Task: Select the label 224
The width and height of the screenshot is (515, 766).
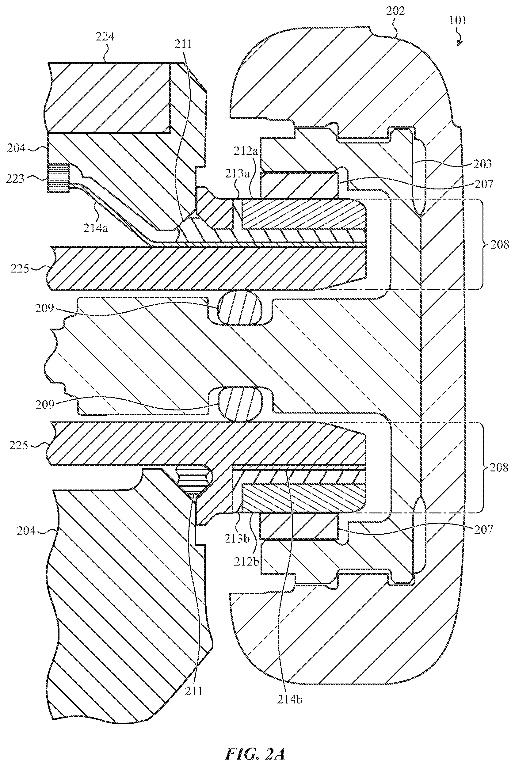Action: click(x=105, y=36)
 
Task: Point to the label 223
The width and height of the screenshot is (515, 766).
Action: click(x=15, y=178)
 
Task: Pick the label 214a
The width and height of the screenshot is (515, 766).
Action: click(x=95, y=228)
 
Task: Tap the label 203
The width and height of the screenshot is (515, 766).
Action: click(x=483, y=164)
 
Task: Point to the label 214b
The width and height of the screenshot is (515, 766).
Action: click(x=290, y=700)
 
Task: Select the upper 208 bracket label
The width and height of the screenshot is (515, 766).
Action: click(x=500, y=244)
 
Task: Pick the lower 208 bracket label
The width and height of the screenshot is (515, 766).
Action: click(x=498, y=467)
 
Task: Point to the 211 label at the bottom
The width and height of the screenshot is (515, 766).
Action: click(x=193, y=691)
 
